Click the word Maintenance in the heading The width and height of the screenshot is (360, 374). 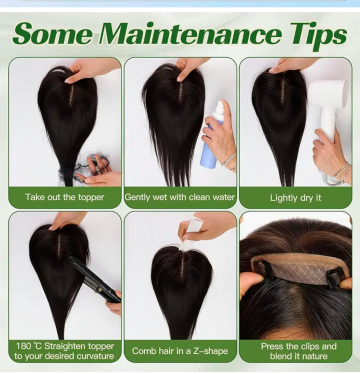coord(190,33)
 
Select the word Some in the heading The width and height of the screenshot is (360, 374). coord(52,33)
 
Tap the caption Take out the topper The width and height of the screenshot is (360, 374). coord(64,197)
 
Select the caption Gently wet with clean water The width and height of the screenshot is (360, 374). coord(180,197)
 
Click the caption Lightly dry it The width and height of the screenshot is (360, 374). coord(295,198)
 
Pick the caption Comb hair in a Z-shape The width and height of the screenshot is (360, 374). coord(180,351)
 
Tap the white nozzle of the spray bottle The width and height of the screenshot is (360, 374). coord(219,107)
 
